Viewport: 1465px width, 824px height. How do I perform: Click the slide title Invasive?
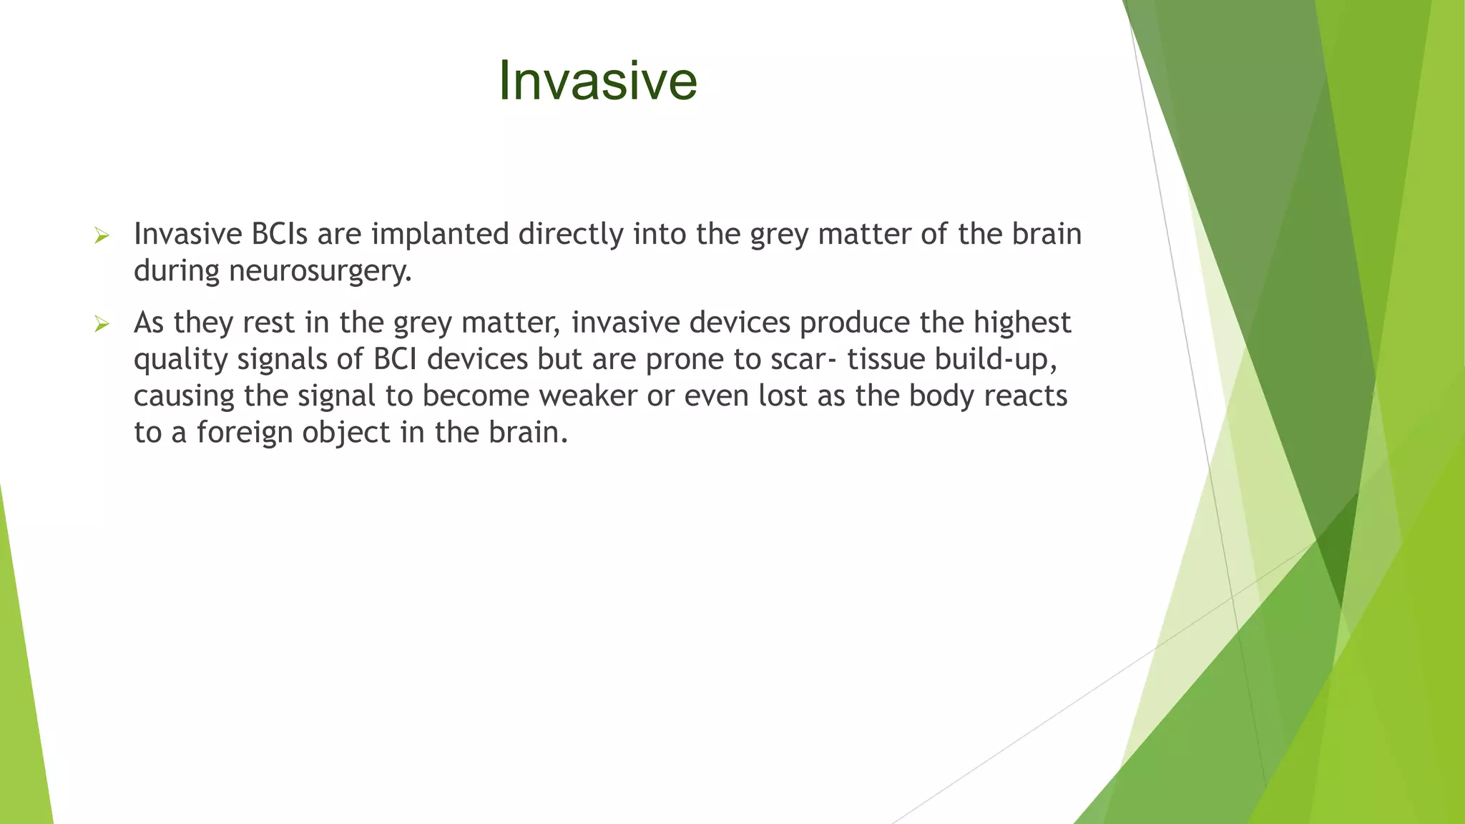pyautogui.click(x=597, y=80)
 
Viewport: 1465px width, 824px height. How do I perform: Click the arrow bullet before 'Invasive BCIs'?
pyautogui.click(x=102, y=235)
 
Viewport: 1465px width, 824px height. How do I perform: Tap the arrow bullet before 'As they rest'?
pyautogui.click(x=102, y=324)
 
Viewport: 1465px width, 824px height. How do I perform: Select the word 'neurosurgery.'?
pyautogui.click(x=320, y=271)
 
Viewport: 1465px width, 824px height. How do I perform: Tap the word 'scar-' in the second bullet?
pyautogui.click(x=802, y=359)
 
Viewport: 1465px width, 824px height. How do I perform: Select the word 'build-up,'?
pyautogui.click(x=996, y=359)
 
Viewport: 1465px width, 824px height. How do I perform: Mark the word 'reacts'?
pyautogui.click(x=1025, y=396)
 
